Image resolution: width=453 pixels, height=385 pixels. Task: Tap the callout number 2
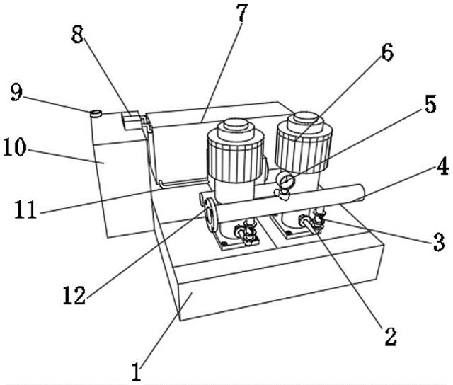[x=390, y=336]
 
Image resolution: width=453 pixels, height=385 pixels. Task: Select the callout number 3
[x=439, y=242]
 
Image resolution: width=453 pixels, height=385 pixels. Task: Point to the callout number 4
[x=442, y=166]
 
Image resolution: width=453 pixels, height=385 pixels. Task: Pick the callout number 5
[x=430, y=104]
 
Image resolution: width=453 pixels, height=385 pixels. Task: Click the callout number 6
[x=387, y=52]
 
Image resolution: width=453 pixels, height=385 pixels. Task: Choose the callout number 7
[x=242, y=13]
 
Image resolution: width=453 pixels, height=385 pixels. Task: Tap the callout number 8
[x=77, y=35]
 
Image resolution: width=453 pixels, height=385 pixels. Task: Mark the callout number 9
[x=16, y=92]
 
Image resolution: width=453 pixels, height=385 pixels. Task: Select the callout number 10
[x=14, y=147]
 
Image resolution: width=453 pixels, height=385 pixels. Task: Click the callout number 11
[x=25, y=209]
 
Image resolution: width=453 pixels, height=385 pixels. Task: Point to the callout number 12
[x=74, y=295]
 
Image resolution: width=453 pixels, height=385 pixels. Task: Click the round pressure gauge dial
[x=285, y=180]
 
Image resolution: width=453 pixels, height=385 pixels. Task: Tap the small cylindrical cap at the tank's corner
[x=96, y=113]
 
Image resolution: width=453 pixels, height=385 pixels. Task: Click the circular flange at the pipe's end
[x=211, y=214]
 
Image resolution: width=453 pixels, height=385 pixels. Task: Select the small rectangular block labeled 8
[x=131, y=120]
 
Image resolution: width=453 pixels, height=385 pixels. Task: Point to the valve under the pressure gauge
[x=282, y=194]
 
